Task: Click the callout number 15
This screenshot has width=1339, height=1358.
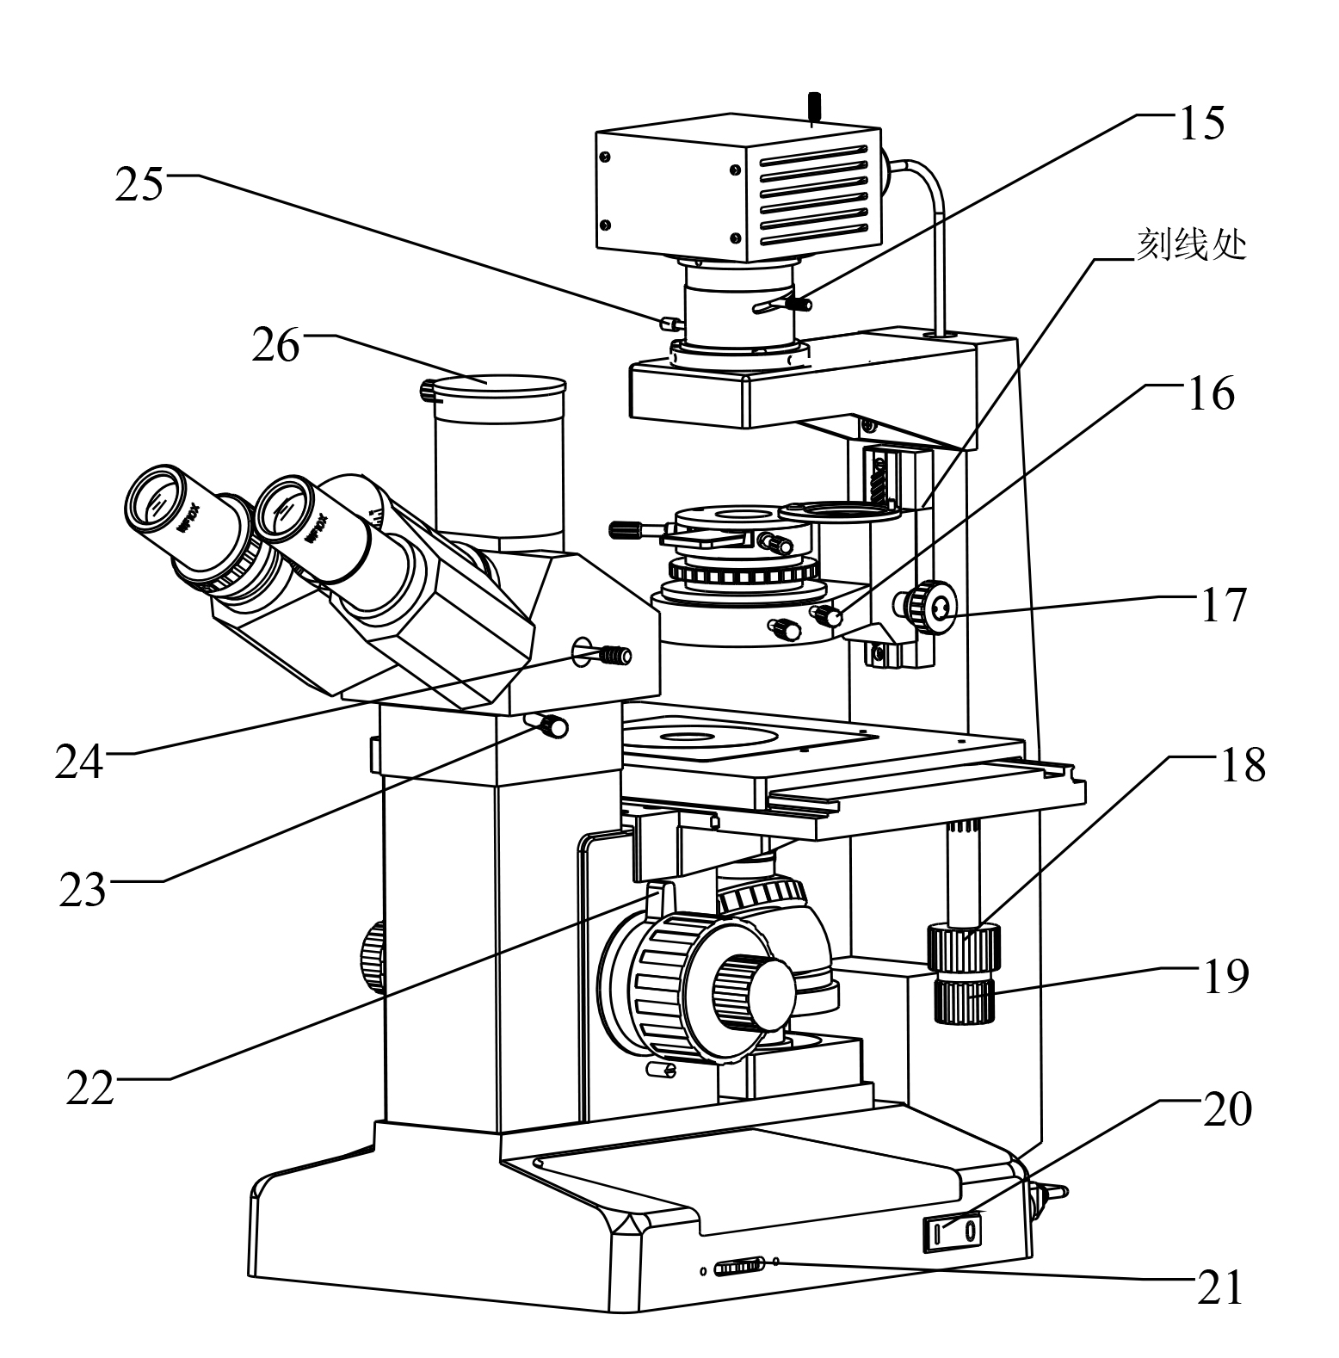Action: (x=1200, y=123)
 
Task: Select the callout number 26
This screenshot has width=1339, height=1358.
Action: (x=275, y=345)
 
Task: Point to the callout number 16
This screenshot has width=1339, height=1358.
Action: (x=1210, y=393)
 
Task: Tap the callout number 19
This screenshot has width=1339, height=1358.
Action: (x=1224, y=976)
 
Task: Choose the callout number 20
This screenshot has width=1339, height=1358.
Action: (x=1227, y=1109)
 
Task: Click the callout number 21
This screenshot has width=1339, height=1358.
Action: (x=1220, y=1287)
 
